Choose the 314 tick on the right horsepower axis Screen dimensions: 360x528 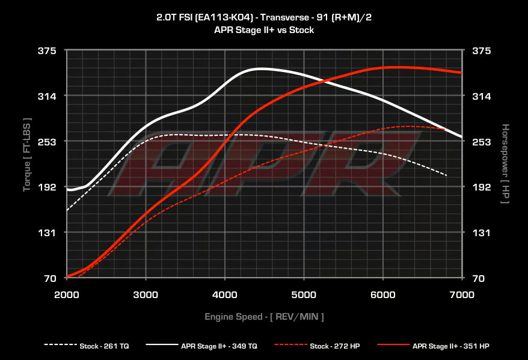pos(482,96)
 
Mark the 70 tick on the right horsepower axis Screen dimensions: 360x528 pos(480,278)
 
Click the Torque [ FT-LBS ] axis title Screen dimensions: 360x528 pos(26,154)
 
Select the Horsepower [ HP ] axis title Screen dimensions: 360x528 pos(505,163)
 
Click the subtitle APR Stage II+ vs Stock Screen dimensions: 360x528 pos(264,29)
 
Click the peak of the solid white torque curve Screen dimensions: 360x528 pos(260,69)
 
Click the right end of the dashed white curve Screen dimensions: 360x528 pos(447,175)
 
